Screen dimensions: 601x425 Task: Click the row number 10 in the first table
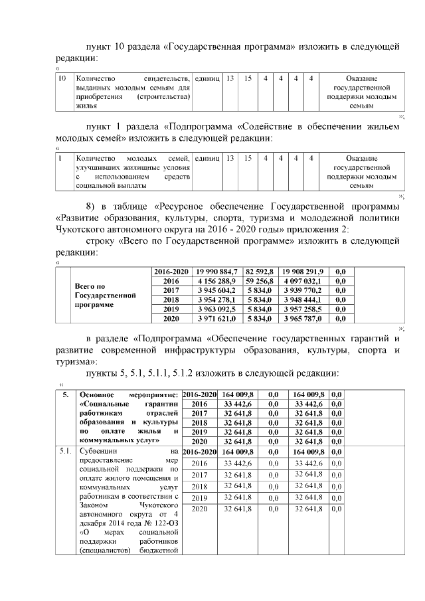click(x=62, y=79)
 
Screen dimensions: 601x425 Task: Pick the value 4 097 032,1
click(x=302, y=281)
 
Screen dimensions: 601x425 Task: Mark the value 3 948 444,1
click(x=302, y=300)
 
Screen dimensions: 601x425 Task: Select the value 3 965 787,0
click(x=302, y=319)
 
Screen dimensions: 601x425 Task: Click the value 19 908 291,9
click(x=302, y=272)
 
